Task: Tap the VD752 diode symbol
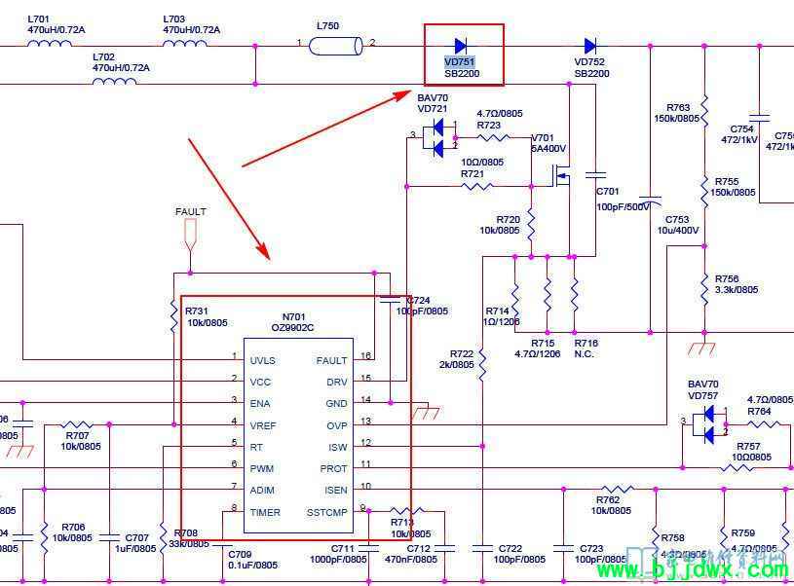pos(590,45)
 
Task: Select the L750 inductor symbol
pos(335,45)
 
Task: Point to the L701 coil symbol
pos(42,44)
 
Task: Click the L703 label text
pos(174,18)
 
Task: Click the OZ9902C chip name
pos(292,328)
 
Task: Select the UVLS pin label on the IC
pos(262,360)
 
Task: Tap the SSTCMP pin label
pos(326,512)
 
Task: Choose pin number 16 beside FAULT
pos(366,357)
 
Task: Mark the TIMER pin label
pos(265,512)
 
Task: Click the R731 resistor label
pos(198,311)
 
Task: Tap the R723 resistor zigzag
pos(492,137)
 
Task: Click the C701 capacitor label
pos(607,192)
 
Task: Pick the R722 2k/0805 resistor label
pos(462,359)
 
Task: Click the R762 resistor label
pos(609,499)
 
